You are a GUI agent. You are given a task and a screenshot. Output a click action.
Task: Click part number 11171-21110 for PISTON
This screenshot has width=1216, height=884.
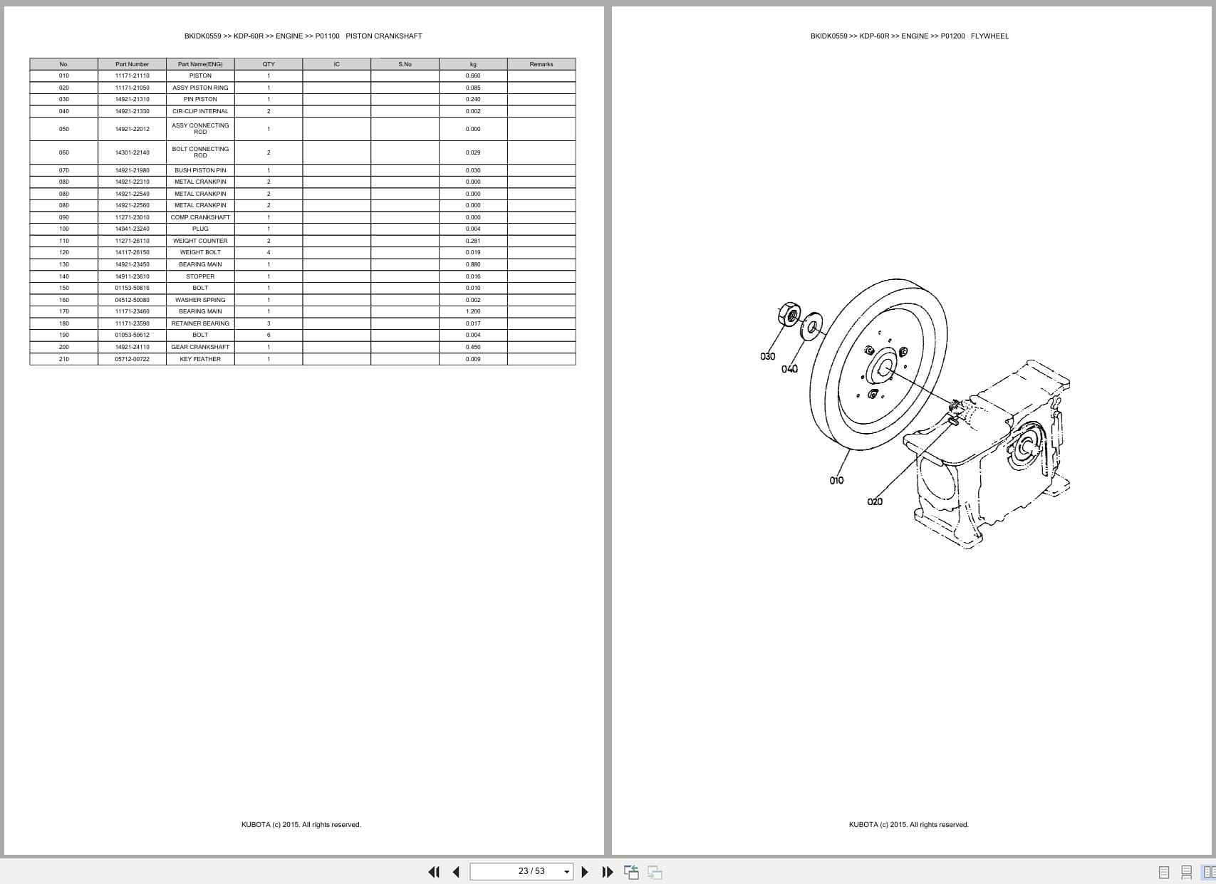click(132, 76)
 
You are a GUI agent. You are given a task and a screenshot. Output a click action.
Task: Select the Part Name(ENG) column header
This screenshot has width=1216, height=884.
click(200, 64)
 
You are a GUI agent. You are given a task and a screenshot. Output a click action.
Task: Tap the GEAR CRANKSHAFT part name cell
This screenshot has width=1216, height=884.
click(200, 347)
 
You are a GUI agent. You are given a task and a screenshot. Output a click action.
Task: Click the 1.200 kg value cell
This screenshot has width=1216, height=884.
click(473, 311)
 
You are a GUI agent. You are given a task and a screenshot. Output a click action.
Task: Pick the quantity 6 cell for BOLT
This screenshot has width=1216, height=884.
click(269, 335)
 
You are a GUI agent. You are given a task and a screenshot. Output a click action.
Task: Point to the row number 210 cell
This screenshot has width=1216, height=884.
click(64, 359)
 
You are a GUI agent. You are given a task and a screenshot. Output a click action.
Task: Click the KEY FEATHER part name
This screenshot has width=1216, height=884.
click(200, 359)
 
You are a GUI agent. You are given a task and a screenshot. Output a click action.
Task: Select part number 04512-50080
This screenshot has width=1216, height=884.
click(132, 300)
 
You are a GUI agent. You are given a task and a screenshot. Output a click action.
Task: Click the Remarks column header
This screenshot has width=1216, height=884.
click(541, 64)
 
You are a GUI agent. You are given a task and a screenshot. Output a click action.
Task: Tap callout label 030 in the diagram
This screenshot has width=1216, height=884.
click(767, 356)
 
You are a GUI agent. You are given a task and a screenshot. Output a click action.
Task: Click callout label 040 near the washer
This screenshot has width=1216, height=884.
click(789, 369)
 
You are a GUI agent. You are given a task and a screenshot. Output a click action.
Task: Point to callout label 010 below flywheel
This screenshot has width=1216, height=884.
click(836, 481)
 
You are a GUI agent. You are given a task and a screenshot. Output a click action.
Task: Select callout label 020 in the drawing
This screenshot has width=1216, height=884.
click(875, 502)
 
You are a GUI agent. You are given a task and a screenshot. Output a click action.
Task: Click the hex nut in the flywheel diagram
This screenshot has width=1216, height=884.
click(789, 313)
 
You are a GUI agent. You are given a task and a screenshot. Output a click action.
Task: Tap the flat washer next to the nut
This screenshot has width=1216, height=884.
click(811, 326)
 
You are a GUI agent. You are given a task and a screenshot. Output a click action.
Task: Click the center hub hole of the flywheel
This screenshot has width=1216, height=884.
click(884, 368)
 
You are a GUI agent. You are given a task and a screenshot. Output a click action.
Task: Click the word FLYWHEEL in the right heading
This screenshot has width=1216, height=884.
click(989, 36)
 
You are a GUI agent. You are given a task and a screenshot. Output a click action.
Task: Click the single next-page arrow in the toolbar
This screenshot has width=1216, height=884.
click(585, 872)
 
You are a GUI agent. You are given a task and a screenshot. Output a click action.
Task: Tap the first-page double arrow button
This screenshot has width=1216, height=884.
click(433, 872)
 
